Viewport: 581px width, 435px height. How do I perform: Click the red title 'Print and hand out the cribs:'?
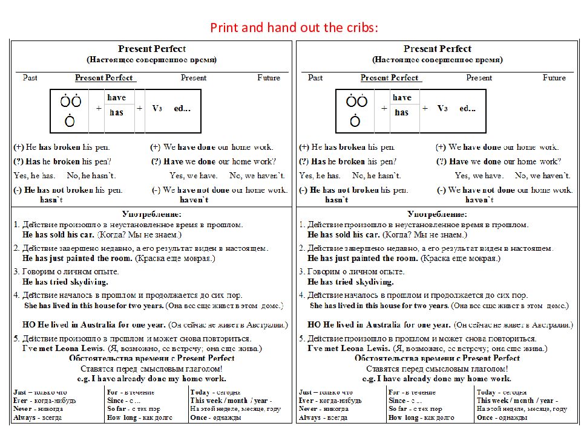pos(294,28)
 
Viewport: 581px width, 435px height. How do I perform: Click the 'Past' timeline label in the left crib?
pos(30,78)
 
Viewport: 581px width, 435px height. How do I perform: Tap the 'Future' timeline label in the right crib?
pos(554,78)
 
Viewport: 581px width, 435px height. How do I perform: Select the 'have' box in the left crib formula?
pos(116,97)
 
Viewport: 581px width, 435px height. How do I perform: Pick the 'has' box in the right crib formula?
pos(401,112)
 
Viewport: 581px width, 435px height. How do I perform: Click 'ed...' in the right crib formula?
pos(467,108)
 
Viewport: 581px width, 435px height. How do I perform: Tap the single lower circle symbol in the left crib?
pos(70,121)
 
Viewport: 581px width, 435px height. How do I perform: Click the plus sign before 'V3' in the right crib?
pos(425,108)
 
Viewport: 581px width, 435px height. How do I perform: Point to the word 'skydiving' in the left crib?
pos(88,282)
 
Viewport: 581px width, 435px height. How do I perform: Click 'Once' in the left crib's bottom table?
pos(200,417)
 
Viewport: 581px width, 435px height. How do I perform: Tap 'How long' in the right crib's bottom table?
pos(404,417)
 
